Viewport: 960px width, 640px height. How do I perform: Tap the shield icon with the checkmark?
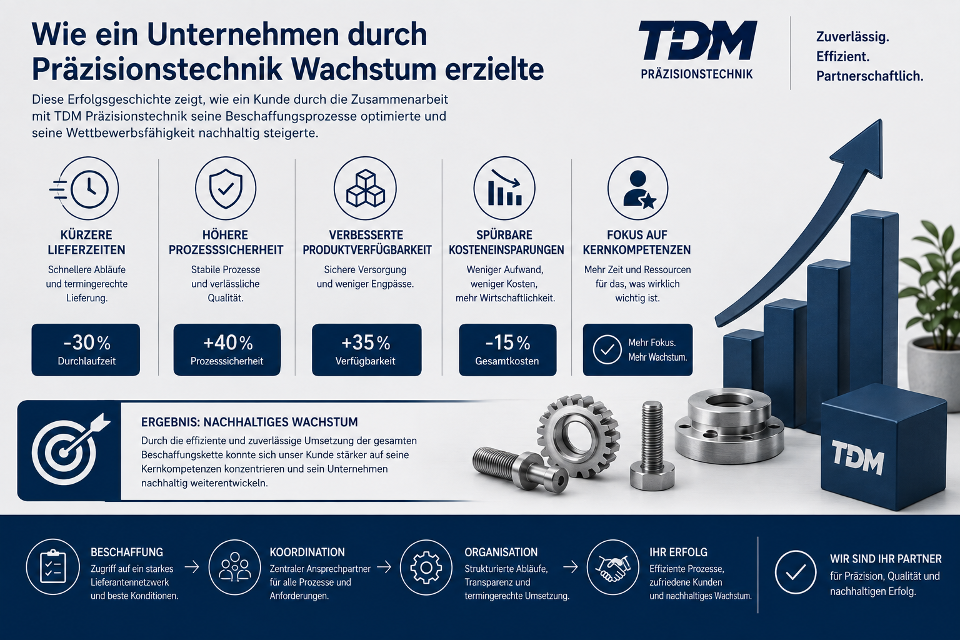(x=226, y=188)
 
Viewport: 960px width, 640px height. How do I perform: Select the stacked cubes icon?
(x=365, y=188)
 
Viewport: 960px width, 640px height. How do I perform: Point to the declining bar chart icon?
(x=504, y=188)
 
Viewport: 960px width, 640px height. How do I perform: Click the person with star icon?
(x=637, y=188)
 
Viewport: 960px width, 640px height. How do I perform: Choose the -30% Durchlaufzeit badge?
(x=86, y=350)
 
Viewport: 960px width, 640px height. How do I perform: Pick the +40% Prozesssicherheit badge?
(x=227, y=350)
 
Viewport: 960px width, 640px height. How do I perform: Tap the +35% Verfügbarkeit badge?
(x=366, y=350)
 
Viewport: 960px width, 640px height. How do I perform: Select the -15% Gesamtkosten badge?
(x=507, y=350)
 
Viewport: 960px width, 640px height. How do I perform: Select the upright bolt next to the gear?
(x=652, y=446)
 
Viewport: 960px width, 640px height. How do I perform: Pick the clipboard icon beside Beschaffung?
(x=52, y=567)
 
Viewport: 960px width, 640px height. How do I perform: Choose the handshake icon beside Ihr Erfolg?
(x=613, y=567)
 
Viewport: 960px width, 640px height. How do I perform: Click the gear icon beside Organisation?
(x=426, y=567)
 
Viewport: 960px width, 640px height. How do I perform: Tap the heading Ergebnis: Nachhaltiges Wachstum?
(x=249, y=422)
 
